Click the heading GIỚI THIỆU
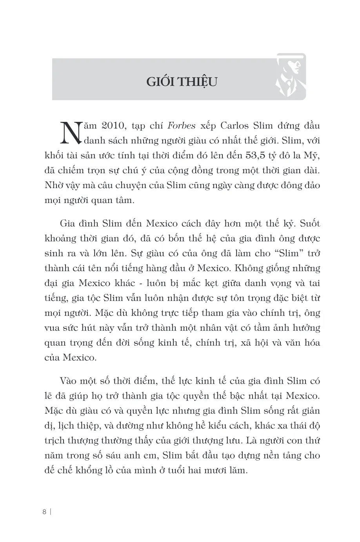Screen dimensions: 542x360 tap(182, 83)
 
